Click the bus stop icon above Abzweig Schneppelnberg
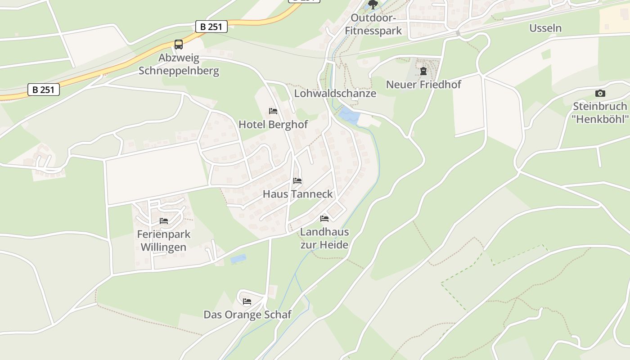(179, 44)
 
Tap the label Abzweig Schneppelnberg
(179, 64)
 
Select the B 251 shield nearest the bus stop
(211, 27)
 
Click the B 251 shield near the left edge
(44, 90)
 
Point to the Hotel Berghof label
(273, 124)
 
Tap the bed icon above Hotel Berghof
(273, 111)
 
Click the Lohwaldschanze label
(335, 94)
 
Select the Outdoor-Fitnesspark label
(373, 25)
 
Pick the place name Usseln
(545, 28)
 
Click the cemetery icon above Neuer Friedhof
(423, 71)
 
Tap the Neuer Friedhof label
(423, 84)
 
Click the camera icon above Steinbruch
(600, 94)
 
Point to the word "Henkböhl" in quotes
(600, 119)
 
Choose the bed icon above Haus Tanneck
(297, 181)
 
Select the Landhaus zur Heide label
(324, 238)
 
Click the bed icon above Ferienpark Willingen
(164, 221)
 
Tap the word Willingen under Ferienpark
(163, 247)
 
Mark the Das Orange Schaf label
(247, 315)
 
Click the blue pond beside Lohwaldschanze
(349, 116)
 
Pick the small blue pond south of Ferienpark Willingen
(238, 259)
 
